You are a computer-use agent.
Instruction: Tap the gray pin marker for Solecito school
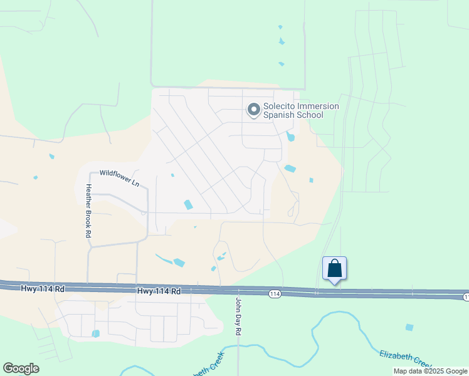point(254,110)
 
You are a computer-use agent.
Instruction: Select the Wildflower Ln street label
point(119,177)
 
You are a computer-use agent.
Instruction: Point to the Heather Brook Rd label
point(89,211)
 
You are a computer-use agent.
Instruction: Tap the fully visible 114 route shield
point(275,293)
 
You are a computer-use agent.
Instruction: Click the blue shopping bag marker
point(335,268)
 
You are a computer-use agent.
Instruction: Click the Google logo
point(21,368)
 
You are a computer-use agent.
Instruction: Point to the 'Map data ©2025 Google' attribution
point(430,371)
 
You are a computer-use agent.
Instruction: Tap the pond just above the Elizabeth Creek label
point(409,327)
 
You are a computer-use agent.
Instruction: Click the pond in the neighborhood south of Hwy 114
point(95,333)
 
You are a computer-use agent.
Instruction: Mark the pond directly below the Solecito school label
point(290,137)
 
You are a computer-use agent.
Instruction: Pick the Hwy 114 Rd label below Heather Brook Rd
point(43,288)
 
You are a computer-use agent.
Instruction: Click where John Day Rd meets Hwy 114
point(238,291)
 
